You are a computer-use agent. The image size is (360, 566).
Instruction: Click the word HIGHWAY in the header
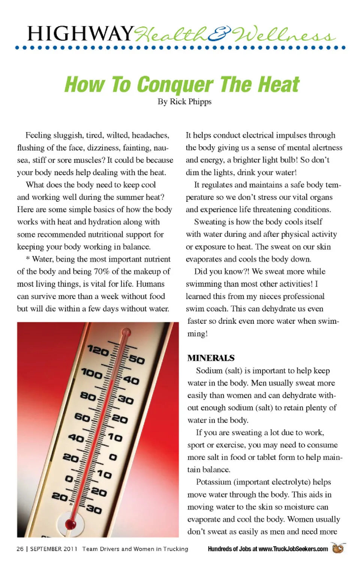tap(80, 34)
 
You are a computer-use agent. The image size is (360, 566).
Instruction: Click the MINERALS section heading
tap(211, 358)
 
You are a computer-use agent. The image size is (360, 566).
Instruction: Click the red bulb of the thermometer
tap(70, 524)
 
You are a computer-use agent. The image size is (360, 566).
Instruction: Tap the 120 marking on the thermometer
tap(98, 351)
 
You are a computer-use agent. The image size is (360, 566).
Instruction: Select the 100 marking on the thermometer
tap(92, 374)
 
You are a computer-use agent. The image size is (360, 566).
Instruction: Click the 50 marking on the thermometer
tap(136, 360)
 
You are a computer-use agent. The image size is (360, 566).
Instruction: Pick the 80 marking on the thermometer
tap(88, 396)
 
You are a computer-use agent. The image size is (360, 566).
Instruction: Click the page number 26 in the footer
tap(20, 549)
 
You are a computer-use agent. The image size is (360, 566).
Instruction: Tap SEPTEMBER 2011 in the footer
tap(54, 549)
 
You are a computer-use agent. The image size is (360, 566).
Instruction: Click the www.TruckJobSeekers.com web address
tap(293, 549)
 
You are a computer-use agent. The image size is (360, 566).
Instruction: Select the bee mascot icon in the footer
tap(338, 548)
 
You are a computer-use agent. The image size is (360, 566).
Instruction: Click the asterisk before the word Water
tap(28, 259)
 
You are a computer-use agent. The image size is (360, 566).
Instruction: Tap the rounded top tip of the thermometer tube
tap(126, 332)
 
